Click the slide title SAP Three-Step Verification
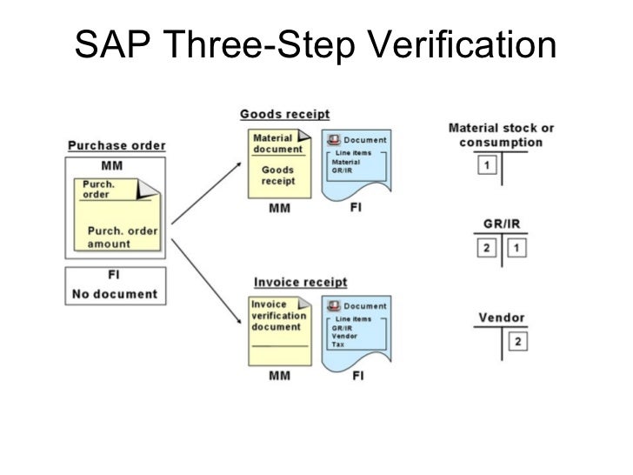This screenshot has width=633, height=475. pyautogui.click(x=315, y=46)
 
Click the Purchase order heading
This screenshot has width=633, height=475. pyautogui.click(x=117, y=145)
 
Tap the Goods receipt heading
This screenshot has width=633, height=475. pyautogui.click(x=284, y=115)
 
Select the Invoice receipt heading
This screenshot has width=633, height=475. pyautogui.click(x=300, y=282)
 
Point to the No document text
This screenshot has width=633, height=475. pyautogui.click(x=113, y=293)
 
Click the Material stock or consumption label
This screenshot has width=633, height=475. pyautogui.click(x=501, y=135)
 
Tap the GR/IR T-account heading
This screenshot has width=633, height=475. pyautogui.click(x=501, y=224)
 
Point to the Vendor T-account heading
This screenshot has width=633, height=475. pyautogui.click(x=501, y=318)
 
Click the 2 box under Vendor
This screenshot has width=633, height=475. pyautogui.click(x=516, y=341)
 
